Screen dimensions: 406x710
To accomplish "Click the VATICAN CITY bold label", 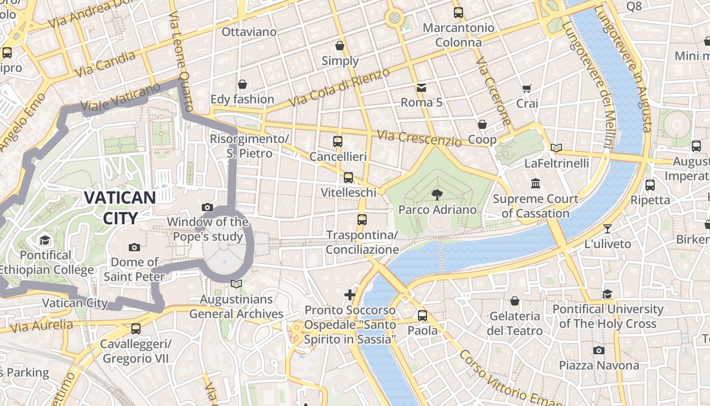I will click(120, 208).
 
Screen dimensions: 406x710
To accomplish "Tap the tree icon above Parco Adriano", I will click(437, 194).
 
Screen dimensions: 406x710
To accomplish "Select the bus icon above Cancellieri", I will click(338, 142).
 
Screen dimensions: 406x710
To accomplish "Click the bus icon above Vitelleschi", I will click(348, 178).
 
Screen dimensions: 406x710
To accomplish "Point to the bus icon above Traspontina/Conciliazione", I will click(362, 220).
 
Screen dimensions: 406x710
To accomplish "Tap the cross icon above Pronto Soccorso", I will click(349, 294).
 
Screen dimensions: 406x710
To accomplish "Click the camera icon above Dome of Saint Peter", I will click(134, 247).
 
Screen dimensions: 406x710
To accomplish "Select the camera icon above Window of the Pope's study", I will click(207, 207).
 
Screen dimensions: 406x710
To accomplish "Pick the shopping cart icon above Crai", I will click(527, 88).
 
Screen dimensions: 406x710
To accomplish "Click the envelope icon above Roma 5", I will click(421, 88).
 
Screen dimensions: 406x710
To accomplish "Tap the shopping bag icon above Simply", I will click(340, 46).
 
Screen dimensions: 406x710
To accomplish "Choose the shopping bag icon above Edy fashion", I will click(242, 84).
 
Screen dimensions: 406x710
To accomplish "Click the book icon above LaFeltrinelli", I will click(556, 148).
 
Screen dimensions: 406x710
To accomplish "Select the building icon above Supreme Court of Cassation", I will click(536, 183).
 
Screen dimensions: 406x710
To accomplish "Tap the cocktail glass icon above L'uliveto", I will click(608, 228).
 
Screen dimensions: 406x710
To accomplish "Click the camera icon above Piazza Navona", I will click(599, 350).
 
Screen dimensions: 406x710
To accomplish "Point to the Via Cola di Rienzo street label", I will click(339, 87).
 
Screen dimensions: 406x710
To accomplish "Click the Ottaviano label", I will click(249, 32).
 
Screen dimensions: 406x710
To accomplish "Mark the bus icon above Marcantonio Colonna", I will click(458, 13).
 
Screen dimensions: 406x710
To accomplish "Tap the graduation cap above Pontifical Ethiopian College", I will click(45, 240).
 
